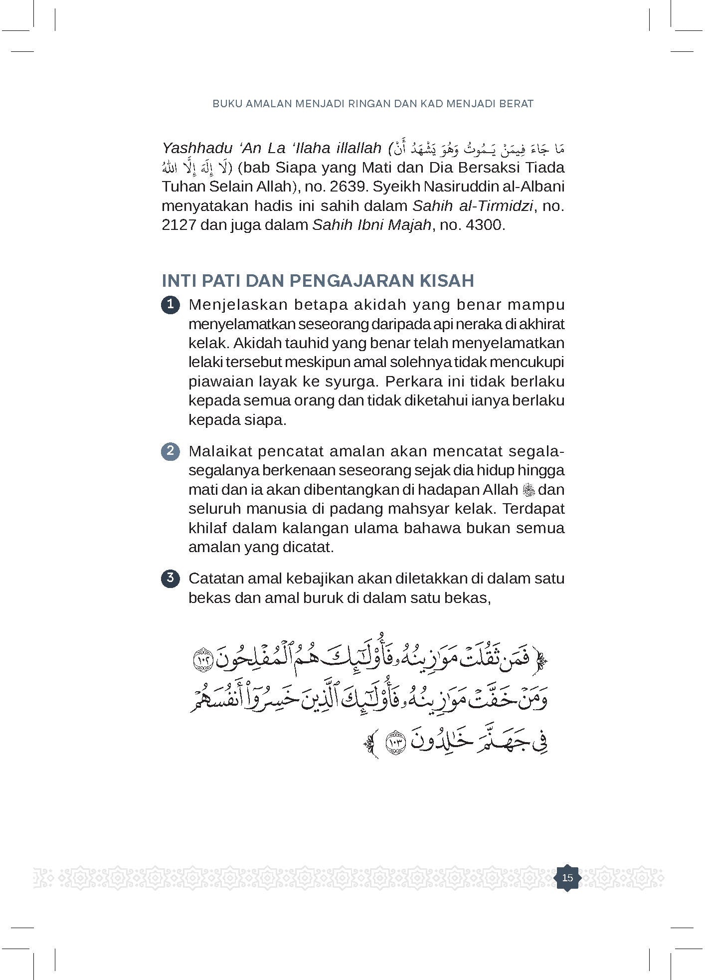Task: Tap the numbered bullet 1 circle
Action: [x=171, y=305]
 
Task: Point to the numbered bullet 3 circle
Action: [x=171, y=579]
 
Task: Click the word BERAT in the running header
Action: [x=518, y=104]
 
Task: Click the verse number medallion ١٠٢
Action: [x=202, y=659]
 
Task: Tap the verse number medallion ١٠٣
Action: [x=397, y=743]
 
